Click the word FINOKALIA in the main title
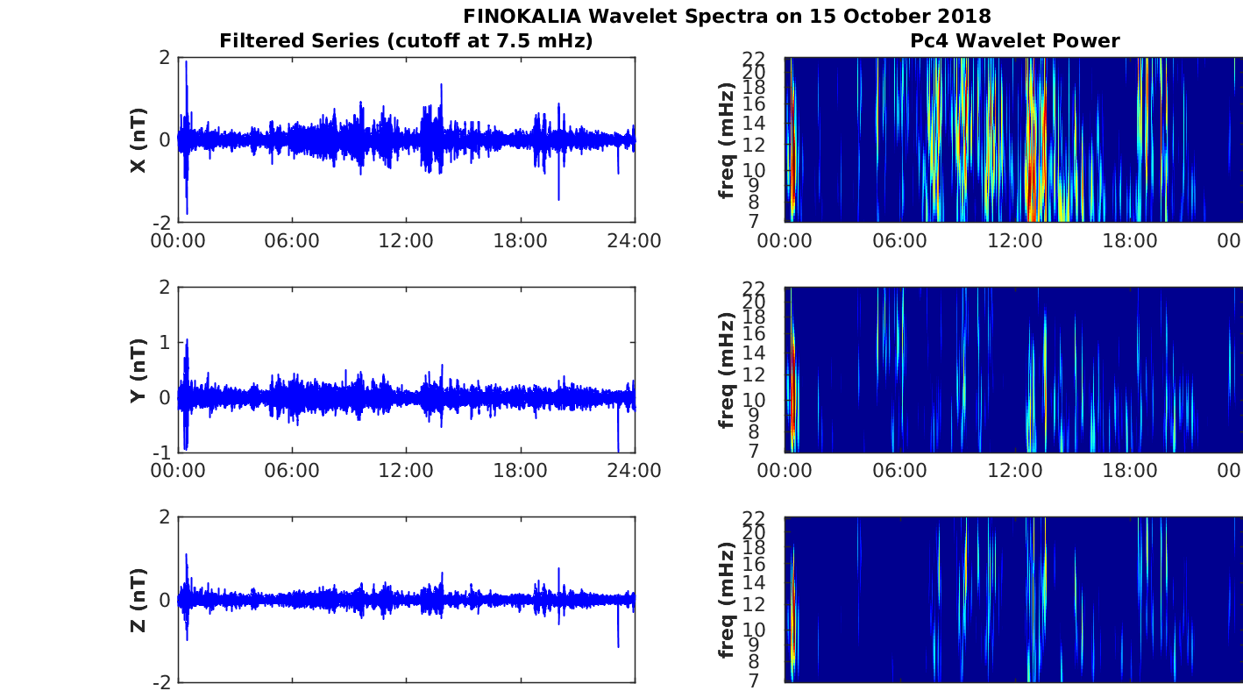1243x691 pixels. tap(522, 16)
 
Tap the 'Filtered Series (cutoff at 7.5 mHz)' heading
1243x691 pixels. tap(406, 40)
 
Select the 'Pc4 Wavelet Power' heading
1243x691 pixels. tap(1014, 40)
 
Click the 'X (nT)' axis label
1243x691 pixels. tap(138, 139)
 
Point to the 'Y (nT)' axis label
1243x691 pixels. tap(138, 370)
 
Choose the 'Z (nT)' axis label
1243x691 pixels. tap(138, 600)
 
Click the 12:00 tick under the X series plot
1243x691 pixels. tap(406, 240)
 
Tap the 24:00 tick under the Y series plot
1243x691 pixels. tap(634, 470)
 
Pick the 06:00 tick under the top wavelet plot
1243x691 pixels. tap(899, 240)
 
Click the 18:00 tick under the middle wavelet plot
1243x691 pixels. tap(1129, 470)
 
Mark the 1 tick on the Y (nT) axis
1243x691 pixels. tap(165, 343)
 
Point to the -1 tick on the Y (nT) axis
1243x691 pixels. tap(162, 452)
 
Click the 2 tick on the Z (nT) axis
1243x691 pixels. tap(165, 517)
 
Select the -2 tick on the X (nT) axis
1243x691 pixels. tap(162, 223)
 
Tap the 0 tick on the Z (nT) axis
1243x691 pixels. tap(165, 600)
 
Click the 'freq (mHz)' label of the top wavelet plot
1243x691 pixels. tap(727, 139)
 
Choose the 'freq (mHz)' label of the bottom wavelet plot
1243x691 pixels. tap(727, 600)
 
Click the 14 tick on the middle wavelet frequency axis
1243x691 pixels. tap(754, 353)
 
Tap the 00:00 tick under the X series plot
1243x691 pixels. tap(178, 240)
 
